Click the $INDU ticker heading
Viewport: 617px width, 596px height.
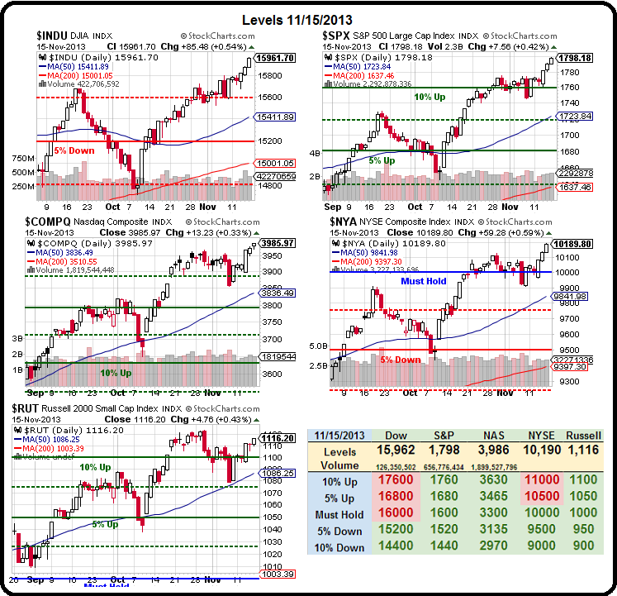(55, 36)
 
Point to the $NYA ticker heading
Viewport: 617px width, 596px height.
(345, 222)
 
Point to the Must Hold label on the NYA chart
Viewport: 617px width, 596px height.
(423, 281)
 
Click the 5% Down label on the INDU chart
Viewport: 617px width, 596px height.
(74, 150)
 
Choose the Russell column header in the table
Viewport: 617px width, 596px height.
(584, 436)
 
